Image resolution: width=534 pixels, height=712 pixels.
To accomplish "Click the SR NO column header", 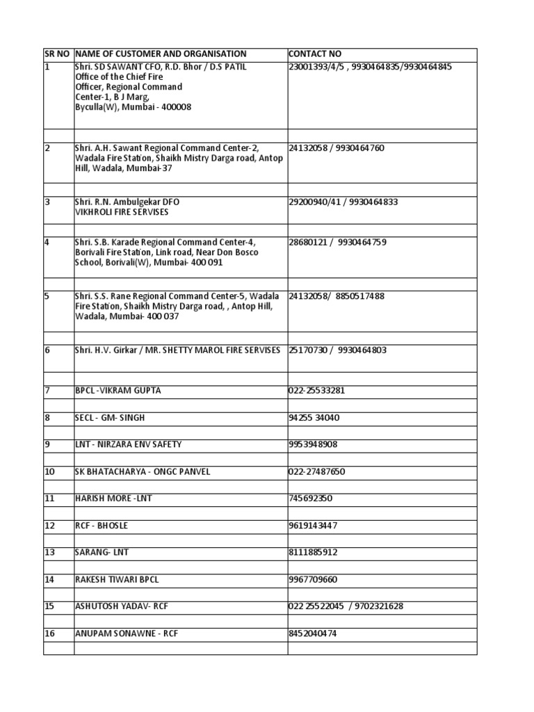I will pos(57,54).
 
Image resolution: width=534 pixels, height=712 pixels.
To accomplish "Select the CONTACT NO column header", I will pos(314,54).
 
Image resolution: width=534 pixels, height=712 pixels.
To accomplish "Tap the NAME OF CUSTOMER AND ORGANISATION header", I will pos(161,54).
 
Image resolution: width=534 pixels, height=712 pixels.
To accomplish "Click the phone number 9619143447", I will pos(313,526).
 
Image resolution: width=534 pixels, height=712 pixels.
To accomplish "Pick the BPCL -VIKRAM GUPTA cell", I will pos(118,391).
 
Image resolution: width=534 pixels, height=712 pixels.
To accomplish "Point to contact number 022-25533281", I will pos(316,391).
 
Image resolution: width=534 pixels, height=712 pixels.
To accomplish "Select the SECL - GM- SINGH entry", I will pos(110,418).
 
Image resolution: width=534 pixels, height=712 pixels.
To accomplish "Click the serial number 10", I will pos(49,472).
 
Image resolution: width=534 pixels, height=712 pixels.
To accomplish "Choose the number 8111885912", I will pos(313,553).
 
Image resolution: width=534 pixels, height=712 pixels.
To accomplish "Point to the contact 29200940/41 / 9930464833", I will pos(343,202).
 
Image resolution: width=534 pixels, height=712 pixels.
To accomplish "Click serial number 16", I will pos(49,633).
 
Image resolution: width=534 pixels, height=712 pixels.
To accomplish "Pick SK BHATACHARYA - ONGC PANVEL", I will pos(142,472).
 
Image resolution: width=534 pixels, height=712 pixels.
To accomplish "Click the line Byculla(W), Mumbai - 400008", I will pos(133,108).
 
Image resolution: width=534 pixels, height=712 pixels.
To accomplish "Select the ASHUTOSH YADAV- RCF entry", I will pos(121,607).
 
